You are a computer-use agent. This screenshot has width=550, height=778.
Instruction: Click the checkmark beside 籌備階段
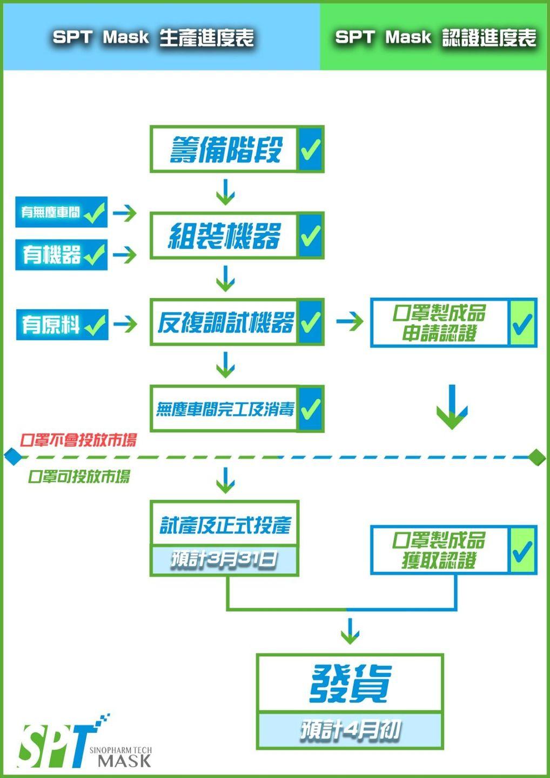click(311, 150)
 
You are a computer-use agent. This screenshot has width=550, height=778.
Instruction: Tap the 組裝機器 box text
click(224, 236)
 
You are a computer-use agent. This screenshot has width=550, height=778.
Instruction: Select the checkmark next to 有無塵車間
click(95, 212)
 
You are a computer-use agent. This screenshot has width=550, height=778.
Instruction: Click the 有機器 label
click(51, 254)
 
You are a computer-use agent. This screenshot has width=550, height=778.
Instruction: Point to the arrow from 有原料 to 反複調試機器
click(125, 324)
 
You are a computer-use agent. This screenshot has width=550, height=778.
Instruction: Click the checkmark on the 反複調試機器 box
click(311, 323)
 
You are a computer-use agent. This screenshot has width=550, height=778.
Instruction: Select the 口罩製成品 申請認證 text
click(439, 323)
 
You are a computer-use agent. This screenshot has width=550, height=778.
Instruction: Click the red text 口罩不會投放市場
click(78, 440)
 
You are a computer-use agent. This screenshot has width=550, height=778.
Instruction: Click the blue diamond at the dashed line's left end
click(12, 457)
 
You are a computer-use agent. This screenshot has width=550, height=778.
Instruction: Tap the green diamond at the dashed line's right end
click(537, 457)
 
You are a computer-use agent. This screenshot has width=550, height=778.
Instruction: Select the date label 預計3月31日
click(224, 559)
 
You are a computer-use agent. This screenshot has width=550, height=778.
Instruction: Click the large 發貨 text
click(350, 683)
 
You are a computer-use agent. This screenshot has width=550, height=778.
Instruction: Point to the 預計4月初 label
click(350, 730)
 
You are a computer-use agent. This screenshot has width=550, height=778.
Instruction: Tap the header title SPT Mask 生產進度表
click(153, 37)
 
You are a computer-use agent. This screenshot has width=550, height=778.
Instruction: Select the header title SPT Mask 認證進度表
click(435, 37)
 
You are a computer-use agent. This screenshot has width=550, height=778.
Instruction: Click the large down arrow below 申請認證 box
click(452, 407)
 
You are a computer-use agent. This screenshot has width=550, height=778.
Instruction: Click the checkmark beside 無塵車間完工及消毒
click(311, 409)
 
